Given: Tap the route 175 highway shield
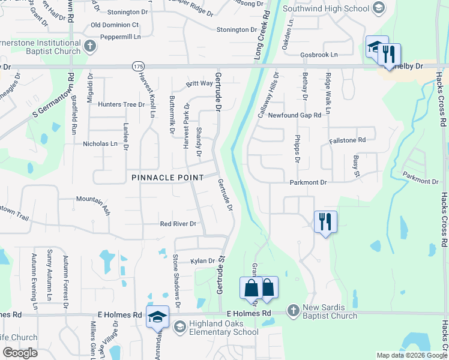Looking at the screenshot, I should point(138,66).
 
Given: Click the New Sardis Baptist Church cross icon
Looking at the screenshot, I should point(293,310).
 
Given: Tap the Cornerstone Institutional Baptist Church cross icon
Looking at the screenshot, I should point(89,46).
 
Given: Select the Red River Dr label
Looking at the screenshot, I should point(178,224).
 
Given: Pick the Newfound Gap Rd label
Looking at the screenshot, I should point(295,115).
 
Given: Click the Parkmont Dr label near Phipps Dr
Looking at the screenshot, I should point(308,182).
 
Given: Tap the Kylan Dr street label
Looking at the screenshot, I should point(203,261).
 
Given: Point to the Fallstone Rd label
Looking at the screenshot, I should point(347,140).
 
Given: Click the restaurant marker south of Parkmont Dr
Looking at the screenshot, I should point(325,223).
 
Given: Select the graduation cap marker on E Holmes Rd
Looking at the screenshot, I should point(157,317).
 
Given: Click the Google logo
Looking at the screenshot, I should point(20,353).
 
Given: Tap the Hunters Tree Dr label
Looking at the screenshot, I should point(121,104).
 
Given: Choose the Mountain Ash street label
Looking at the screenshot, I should point(93,199).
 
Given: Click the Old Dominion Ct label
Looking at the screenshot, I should point(115,25).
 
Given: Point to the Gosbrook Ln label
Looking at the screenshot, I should point(319,55).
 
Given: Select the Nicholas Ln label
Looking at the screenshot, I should point(100,144).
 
